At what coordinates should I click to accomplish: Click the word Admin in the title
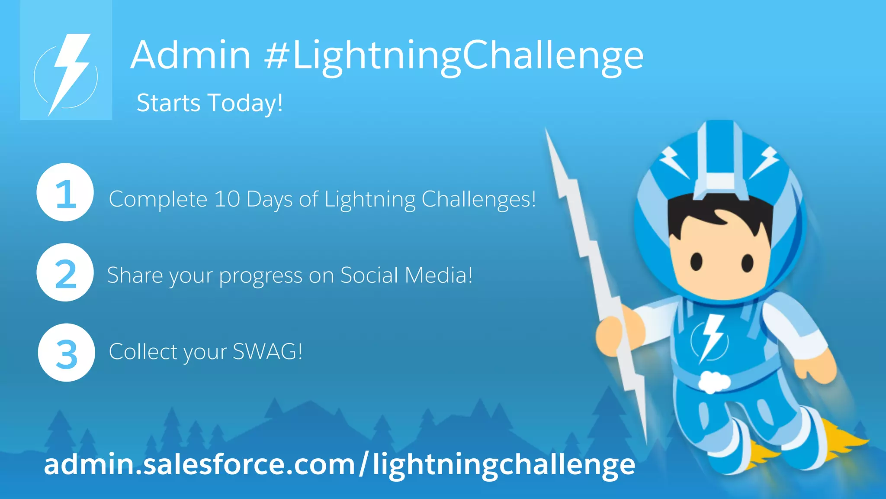(x=190, y=55)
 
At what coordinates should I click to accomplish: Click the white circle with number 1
(x=65, y=192)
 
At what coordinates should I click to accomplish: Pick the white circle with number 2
(x=65, y=272)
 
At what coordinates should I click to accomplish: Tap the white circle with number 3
(x=66, y=353)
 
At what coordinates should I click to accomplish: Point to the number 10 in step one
(x=227, y=199)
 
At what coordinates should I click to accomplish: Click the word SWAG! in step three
(x=267, y=351)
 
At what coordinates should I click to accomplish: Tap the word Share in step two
(x=135, y=275)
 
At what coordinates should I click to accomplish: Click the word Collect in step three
(x=143, y=351)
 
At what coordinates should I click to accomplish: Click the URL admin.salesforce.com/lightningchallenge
(x=339, y=464)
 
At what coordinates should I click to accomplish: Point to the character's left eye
(x=696, y=261)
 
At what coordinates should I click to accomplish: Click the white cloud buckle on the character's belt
(x=714, y=382)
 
